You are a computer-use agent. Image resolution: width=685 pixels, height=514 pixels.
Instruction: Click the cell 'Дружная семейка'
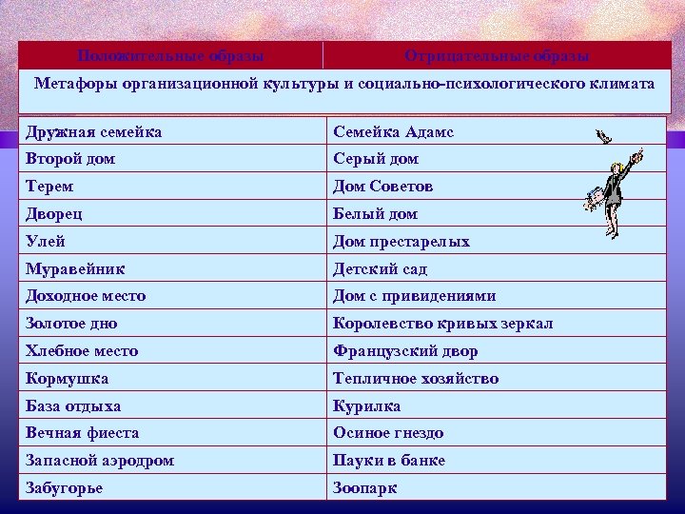pos(93,131)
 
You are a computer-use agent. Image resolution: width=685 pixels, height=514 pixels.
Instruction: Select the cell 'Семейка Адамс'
pos(393,131)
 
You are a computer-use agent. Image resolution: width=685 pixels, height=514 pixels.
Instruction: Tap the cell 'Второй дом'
pos(70,159)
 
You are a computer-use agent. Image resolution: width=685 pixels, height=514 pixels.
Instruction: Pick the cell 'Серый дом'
pos(375,159)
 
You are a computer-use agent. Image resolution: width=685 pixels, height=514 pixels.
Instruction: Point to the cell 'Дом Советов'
pos(384,187)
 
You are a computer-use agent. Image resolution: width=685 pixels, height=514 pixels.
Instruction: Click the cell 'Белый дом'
pos(375,214)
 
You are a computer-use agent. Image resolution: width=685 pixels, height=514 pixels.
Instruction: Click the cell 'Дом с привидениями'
pos(414,296)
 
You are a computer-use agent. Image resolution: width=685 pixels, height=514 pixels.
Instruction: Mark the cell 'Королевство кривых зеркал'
pos(442,324)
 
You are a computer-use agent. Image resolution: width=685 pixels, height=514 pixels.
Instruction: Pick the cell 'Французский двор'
pos(405,351)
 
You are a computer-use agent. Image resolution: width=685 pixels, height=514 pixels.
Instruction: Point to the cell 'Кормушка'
pos(67,379)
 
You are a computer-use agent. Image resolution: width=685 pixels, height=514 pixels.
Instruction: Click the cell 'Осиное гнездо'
pos(388,433)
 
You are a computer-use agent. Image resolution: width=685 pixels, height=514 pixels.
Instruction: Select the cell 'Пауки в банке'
pos(388,461)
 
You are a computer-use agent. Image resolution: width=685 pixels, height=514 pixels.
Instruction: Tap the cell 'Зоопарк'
pos(364,488)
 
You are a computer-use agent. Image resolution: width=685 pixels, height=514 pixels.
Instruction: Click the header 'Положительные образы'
pos(170,56)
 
